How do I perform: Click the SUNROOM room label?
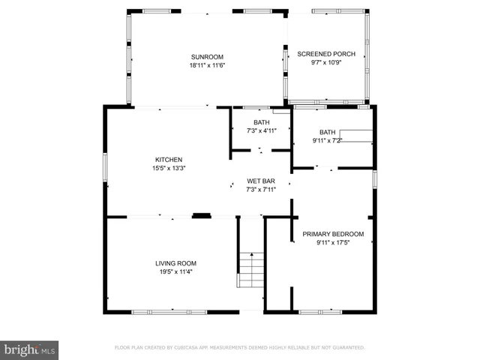click(207, 57)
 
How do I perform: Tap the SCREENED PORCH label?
click(326, 54)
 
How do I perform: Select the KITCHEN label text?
click(169, 160)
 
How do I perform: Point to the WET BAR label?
click(261, 181)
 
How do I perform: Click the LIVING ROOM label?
click(175, 263)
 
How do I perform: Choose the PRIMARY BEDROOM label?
click(333, 234)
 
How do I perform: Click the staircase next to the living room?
click(251, 271)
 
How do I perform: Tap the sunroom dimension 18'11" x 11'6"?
click(207, 65)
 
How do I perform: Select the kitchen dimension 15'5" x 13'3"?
click(169, 168)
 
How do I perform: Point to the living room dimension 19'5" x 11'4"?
click(175, 271)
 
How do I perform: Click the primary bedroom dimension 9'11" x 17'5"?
click(333, 242)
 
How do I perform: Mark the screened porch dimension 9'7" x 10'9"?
click(326, 62)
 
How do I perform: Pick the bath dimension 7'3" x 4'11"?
click(261, 130)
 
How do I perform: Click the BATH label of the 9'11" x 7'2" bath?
click(328, 132)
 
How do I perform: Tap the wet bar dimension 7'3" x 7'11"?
click(261, 190)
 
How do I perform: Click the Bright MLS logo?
click(29, 349)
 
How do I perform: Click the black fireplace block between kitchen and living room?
click(201, 216)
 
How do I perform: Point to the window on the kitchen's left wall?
click(104, 166)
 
